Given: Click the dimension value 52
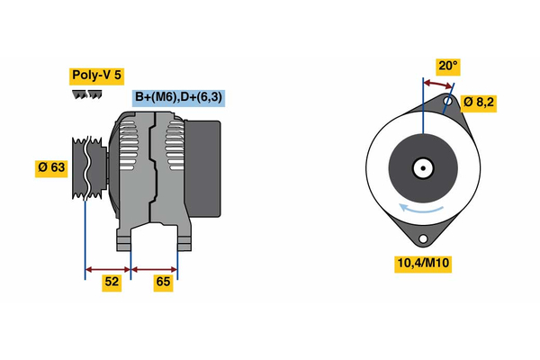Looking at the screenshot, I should click(x=112, y=283).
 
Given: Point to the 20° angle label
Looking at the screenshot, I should click(x=447, y=66).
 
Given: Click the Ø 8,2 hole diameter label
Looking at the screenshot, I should click(x=479, y=102).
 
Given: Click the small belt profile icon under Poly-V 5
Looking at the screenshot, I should click(x=85, y=94).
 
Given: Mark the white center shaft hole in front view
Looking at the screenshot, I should click(x=421, y=167).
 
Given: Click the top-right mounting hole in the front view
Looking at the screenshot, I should click(x=448, y=103).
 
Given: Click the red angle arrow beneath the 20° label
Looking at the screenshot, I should click(x=437, y=83).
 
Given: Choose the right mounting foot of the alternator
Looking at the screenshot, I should click(x=184, y=240).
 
